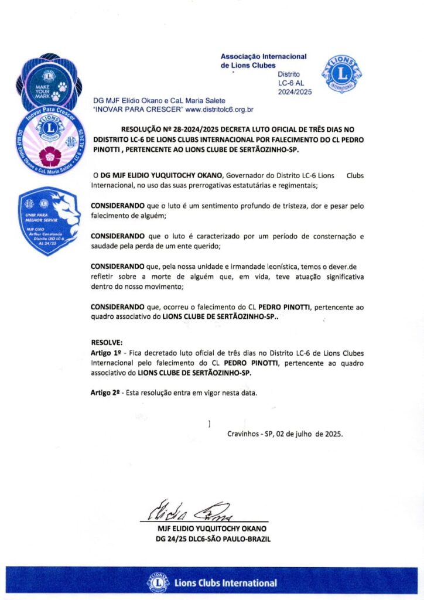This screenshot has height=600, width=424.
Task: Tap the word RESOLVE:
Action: (x=107, y=342)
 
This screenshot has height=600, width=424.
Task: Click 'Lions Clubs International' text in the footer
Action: (x=225, y=583)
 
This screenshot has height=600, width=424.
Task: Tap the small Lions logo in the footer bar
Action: (x=158, y=582)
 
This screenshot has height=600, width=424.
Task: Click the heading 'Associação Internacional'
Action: (x=264, y=56)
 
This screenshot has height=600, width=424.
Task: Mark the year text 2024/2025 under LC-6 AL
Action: (x=295, y=92)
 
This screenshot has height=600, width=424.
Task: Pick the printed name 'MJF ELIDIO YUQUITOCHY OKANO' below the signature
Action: (x=208, y=527)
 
